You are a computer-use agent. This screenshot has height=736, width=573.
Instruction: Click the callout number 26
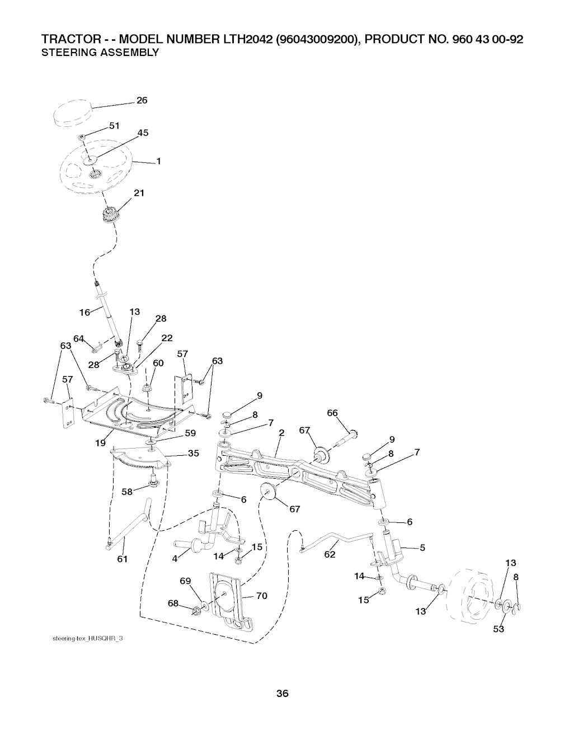point(142,101)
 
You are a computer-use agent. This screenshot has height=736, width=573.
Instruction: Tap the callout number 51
point(114,126)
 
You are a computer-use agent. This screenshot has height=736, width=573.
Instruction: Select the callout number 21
point(139,194)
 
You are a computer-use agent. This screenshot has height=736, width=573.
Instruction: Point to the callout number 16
point(84,313)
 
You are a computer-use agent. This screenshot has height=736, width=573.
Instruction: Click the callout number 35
point(194,454)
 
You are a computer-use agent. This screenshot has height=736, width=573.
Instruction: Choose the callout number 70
point(261,596)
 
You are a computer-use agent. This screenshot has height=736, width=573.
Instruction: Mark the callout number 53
point(499,629)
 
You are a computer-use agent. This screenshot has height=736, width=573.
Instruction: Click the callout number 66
point(332,413)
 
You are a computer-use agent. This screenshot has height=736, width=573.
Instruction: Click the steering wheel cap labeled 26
point(72,115)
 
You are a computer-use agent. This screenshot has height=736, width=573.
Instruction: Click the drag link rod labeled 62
point(336,541)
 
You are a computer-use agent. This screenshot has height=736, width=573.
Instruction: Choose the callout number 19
point(100,443)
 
